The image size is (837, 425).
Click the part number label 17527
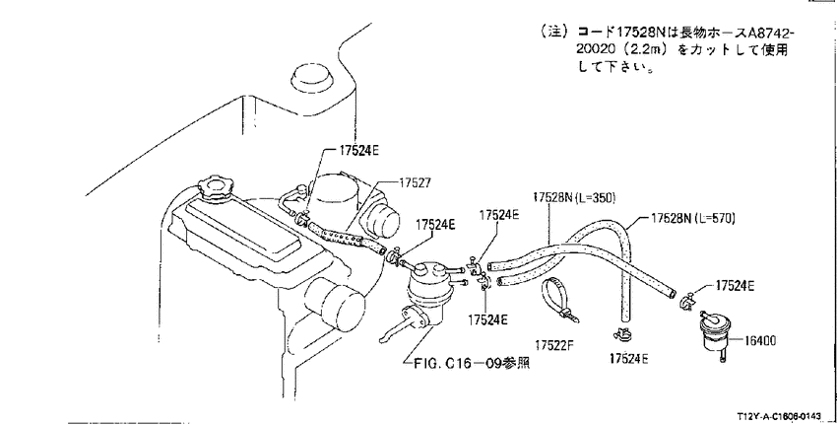tap(415, 182)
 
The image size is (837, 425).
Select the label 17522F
tap(554, 345)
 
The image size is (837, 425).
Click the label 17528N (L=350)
tap(574, 198)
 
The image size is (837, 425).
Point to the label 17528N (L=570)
tap(693, 218)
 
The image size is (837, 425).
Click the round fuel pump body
tap(426, 294)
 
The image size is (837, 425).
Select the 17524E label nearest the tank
tap(358, 150)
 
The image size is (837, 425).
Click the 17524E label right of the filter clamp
tap(735, 286)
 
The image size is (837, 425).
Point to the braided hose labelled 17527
tap(346, 238)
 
